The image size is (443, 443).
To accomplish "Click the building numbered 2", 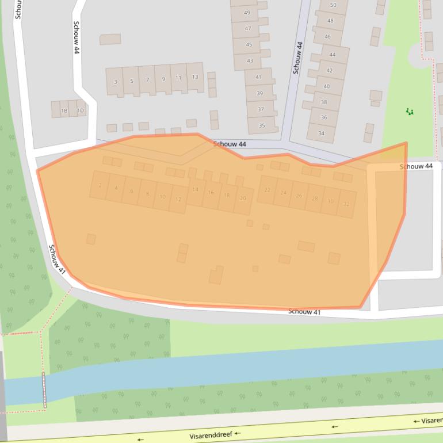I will click(100, 185).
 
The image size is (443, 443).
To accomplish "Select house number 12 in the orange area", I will click(178, 199).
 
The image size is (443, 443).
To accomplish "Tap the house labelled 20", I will click(243, 198).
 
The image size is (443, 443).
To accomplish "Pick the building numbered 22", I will click(267, 190).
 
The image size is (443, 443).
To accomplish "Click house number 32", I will click(346, 204).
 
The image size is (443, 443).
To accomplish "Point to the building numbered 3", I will click(115, 82).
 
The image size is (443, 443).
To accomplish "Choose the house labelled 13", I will click(195, 77).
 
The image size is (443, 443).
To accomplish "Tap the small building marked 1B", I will click(64, 110).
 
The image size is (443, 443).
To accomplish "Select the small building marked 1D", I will click(81, 110).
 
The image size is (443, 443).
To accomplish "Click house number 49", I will click(247, 13).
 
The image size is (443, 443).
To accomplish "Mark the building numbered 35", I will click(262, 125).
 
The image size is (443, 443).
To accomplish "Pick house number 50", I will click(333, 5).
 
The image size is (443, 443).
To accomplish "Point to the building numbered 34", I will click(321, 133).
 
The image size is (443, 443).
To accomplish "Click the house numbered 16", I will click(211, 193).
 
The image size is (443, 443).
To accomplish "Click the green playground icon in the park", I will click(410, 111).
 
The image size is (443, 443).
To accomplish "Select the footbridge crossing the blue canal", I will click(44, 389).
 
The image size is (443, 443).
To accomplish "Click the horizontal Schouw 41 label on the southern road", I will click(304, 312).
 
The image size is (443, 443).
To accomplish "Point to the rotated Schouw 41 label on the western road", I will click(57, 259).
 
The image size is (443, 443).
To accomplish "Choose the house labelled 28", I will click(315, 198).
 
